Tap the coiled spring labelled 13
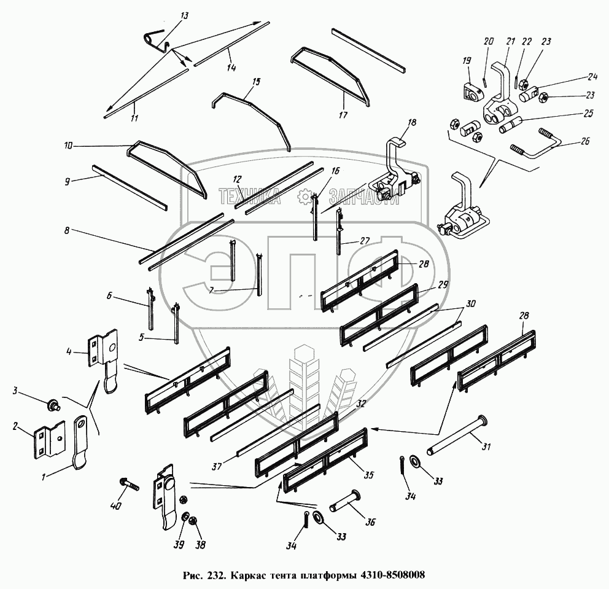(151, 39)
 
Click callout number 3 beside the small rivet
(17, 391)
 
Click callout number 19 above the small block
(467, 61)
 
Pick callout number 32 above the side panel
(360, 404)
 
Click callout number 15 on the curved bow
(256, 81)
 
